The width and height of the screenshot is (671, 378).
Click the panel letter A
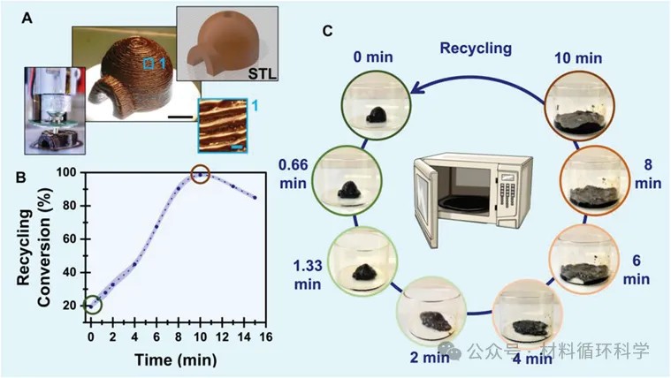pos(27,19)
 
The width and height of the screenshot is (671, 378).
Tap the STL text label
pos(263,73)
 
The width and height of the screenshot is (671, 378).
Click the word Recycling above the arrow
pos(476,48)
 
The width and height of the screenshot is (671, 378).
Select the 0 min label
pos(373,57)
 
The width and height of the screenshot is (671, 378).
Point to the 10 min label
pos(578,57)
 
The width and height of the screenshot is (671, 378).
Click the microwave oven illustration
pos(473,201)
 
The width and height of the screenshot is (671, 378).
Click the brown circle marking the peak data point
pos(200,174)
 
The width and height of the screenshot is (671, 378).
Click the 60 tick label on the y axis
pos(70,239)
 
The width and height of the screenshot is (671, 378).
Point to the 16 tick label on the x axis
pos(265,337)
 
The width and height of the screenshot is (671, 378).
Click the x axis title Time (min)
pos(175,359)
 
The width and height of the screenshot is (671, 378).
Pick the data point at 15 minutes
pos(255,198)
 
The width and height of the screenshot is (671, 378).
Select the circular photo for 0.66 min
pos(347,179)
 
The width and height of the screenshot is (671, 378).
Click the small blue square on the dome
pos(149,64)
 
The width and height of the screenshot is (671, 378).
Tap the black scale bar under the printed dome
pos(180,116)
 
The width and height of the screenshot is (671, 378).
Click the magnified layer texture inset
pos(223,125)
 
